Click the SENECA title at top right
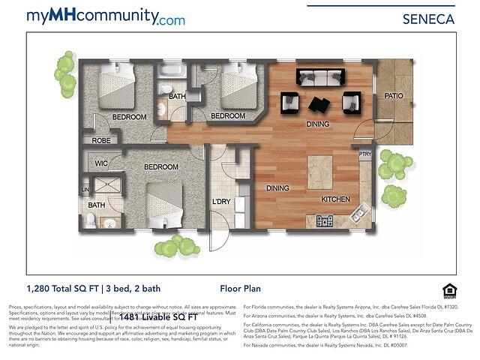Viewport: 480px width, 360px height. [429, 19]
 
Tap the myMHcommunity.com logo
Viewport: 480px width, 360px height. [105, 16]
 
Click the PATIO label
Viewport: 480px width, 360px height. [394, 96]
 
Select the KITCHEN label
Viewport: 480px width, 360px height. [336, 200]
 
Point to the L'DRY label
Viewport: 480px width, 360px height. [221, 202]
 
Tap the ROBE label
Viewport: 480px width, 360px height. [100, 140]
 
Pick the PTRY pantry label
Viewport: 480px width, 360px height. [365, 154]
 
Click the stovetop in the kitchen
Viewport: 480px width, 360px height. [325, 220]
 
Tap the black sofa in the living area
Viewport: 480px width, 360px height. [320, 76]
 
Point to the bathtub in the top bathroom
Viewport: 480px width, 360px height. [171, 72]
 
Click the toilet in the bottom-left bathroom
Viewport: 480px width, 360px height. [91, 220]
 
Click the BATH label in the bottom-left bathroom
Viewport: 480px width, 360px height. [96, 205]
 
